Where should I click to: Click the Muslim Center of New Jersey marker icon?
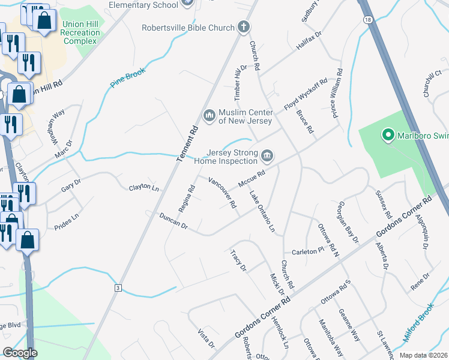[x=209, y=114]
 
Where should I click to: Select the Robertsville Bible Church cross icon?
[x=243, y=27]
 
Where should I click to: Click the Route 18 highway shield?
[x=367, y=20]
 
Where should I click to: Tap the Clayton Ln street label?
[x=144, y=188]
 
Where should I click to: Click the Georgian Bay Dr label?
[x=348, y=222]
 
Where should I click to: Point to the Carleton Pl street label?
[x=308, y=251]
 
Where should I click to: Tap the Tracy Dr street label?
[x=238, y=260]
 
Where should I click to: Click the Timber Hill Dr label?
[x=239, y=83]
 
